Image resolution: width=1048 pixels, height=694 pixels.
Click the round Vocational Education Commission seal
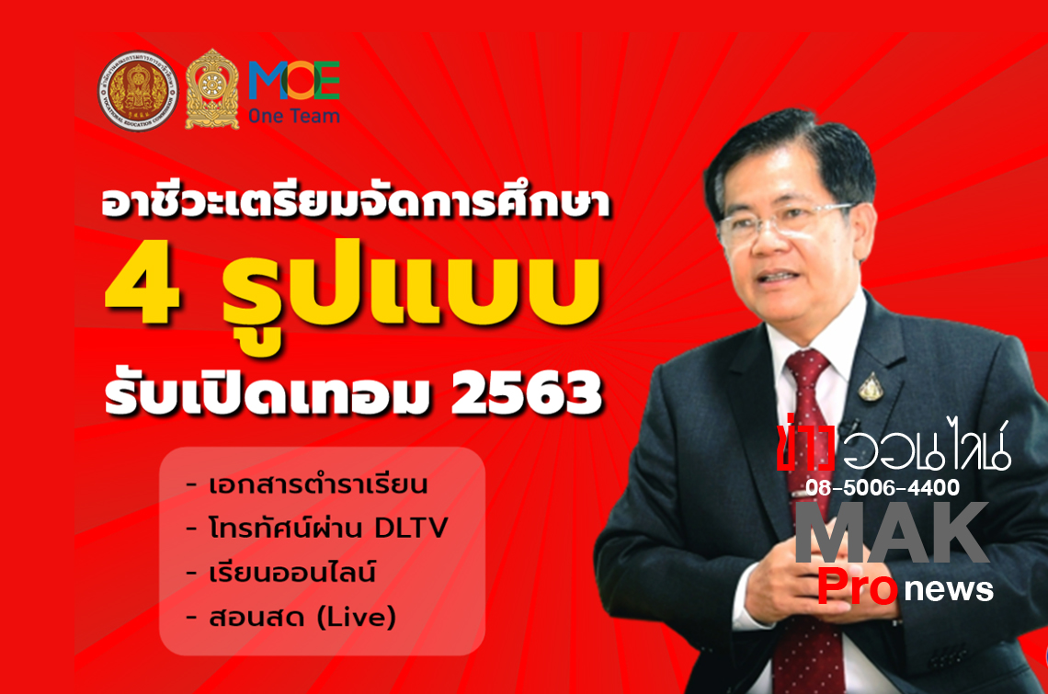click(138, 91)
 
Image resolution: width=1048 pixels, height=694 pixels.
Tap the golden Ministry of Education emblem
click(211, 89)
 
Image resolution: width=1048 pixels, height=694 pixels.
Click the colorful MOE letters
click(294, 80)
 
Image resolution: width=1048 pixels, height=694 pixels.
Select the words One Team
click(294, 116)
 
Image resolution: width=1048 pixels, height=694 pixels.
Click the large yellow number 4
click(142, 290)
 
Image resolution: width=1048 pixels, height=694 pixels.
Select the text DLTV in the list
click(410, 529)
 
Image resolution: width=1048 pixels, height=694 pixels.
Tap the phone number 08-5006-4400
click(883, 487)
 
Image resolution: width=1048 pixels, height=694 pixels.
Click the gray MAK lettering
click(892, 533)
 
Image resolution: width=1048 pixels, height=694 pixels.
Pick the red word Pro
click(858, 586)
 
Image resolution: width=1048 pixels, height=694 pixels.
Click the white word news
click(949, 589)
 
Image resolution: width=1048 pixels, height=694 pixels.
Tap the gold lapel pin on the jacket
click(871, 386)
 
